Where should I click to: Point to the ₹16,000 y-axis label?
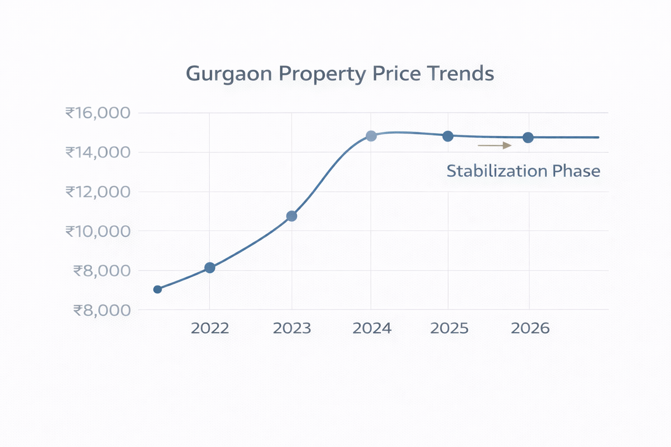tap(98, 113)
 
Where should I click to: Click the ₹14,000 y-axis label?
tap(98, 152)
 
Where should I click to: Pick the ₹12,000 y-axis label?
tap(98, 192)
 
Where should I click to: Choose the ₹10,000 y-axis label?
tap(98, 231)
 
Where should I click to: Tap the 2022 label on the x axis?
tap(210, 328)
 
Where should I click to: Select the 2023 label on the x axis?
tap(292, 328)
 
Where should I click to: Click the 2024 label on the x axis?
tap(372, 328)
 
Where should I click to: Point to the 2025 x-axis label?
tap(449, 328)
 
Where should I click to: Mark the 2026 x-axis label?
tap(530, 328)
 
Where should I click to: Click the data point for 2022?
tap(210, 268)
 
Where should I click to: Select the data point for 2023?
tap(292, 216)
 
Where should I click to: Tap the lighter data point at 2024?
tap(371, 136)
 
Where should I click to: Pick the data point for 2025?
tap(448, 136)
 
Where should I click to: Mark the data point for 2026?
tap(528, 138)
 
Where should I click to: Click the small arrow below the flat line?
tap(495, 145)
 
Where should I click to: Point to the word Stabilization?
tap(496, 171)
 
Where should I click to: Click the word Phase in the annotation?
tap(576, 171)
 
